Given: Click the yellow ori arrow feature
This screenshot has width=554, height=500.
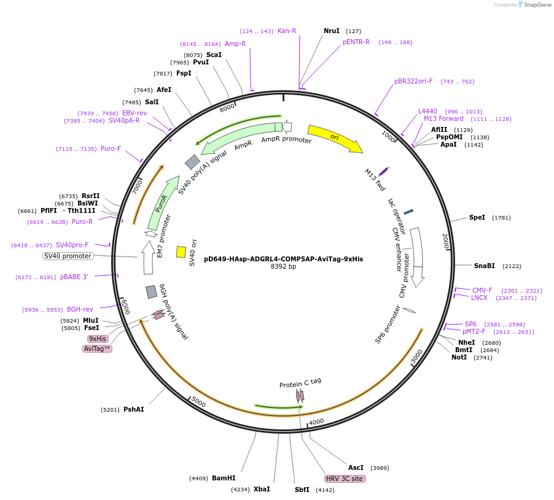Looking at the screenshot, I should coord(335,138).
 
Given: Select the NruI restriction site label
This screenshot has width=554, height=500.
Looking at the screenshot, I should coord(332,31).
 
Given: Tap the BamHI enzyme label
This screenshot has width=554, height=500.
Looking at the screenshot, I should coord(224,478).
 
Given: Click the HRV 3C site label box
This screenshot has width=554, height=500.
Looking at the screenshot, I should coord(345,479).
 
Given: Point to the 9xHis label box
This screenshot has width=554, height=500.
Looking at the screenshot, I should coord(98,339).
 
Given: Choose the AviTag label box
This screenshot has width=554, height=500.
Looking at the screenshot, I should coord(97,348).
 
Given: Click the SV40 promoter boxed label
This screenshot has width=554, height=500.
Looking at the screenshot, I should coord(68,256).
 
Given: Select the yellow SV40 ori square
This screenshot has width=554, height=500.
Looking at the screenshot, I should coord(181,252).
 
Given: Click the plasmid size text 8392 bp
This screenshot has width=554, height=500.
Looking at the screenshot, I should coord(283,267).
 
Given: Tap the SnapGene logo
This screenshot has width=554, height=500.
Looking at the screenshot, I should coord(536,5).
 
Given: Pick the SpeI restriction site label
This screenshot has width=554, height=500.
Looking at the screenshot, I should coord(477,217).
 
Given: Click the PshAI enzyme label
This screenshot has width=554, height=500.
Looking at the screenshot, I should coord(133,409).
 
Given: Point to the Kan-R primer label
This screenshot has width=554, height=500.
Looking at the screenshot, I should coord(287,31).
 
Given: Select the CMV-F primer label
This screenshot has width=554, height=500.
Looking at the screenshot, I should coord(482,290).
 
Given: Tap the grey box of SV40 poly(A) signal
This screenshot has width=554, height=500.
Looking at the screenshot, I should coord(193,162).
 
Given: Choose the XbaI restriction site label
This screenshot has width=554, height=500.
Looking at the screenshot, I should coord(262,489).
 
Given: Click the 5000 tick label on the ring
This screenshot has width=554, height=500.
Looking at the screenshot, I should coord(198,402).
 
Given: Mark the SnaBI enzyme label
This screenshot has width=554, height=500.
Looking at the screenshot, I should coord(484,266).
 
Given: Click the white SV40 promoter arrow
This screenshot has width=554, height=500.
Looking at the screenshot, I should coord(147,258).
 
